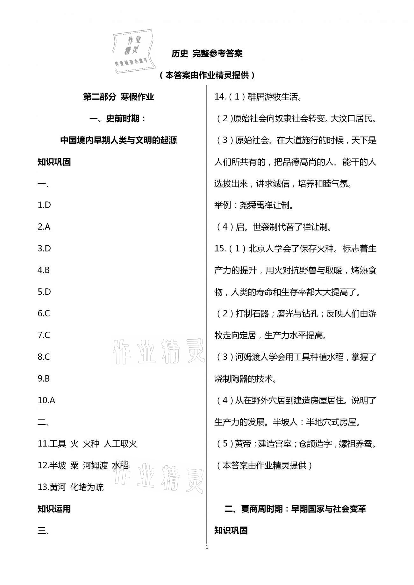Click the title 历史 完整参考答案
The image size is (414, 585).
pos(207,53)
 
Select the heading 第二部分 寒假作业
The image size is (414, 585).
pos(118,97)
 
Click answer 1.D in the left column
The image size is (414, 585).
pos(44,205)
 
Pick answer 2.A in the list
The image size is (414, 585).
pos(44,227)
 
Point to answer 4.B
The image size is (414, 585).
pos(44,270)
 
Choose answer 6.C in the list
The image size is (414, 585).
pos(44,314)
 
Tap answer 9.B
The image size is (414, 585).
pos(44,378)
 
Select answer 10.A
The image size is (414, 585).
pos(46,400)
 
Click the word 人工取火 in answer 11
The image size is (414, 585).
pos(120,444)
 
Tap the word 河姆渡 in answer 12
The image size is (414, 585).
pos(95,465)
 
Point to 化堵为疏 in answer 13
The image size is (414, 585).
pos(87,487)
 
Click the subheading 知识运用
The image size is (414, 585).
pos(54,509)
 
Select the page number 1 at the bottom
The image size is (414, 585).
pos(207,547)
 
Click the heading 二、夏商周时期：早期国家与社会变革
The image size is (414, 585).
pos(295,509)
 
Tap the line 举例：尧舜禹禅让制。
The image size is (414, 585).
pos(254,205)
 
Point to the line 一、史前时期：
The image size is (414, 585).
pos(118,119)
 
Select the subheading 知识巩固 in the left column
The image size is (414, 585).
pos(54,162)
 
